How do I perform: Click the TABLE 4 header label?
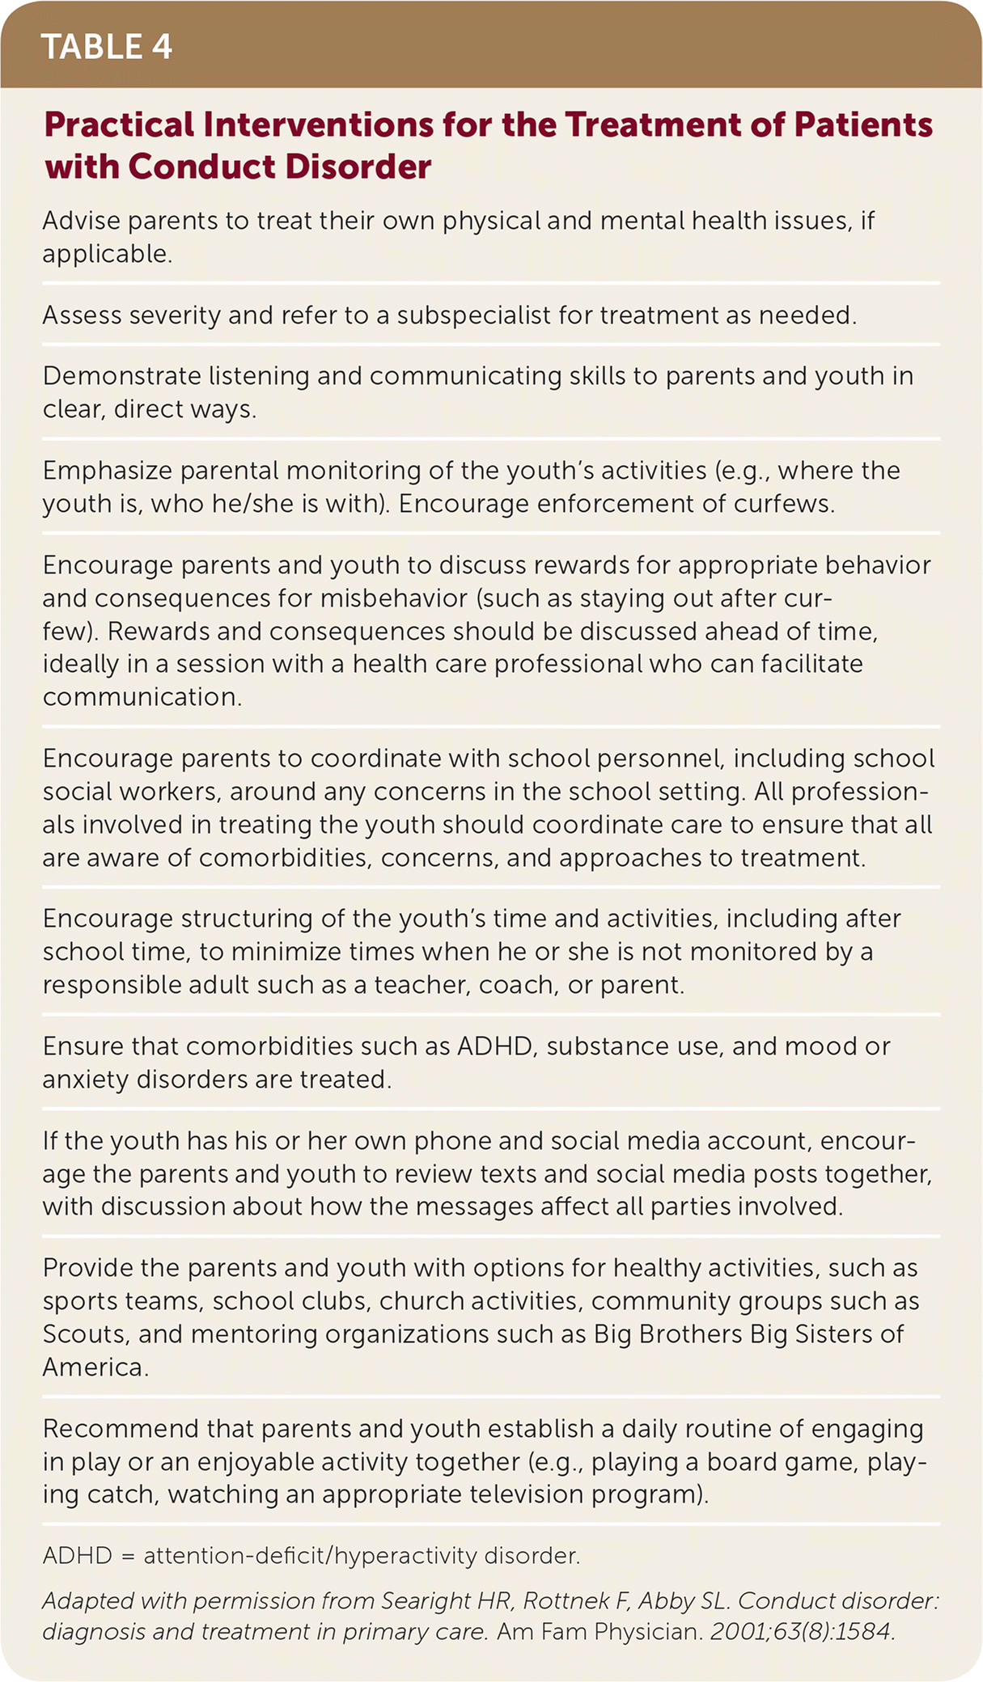[x=106, y=47]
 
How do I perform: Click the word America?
[x=95, y=1367]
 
